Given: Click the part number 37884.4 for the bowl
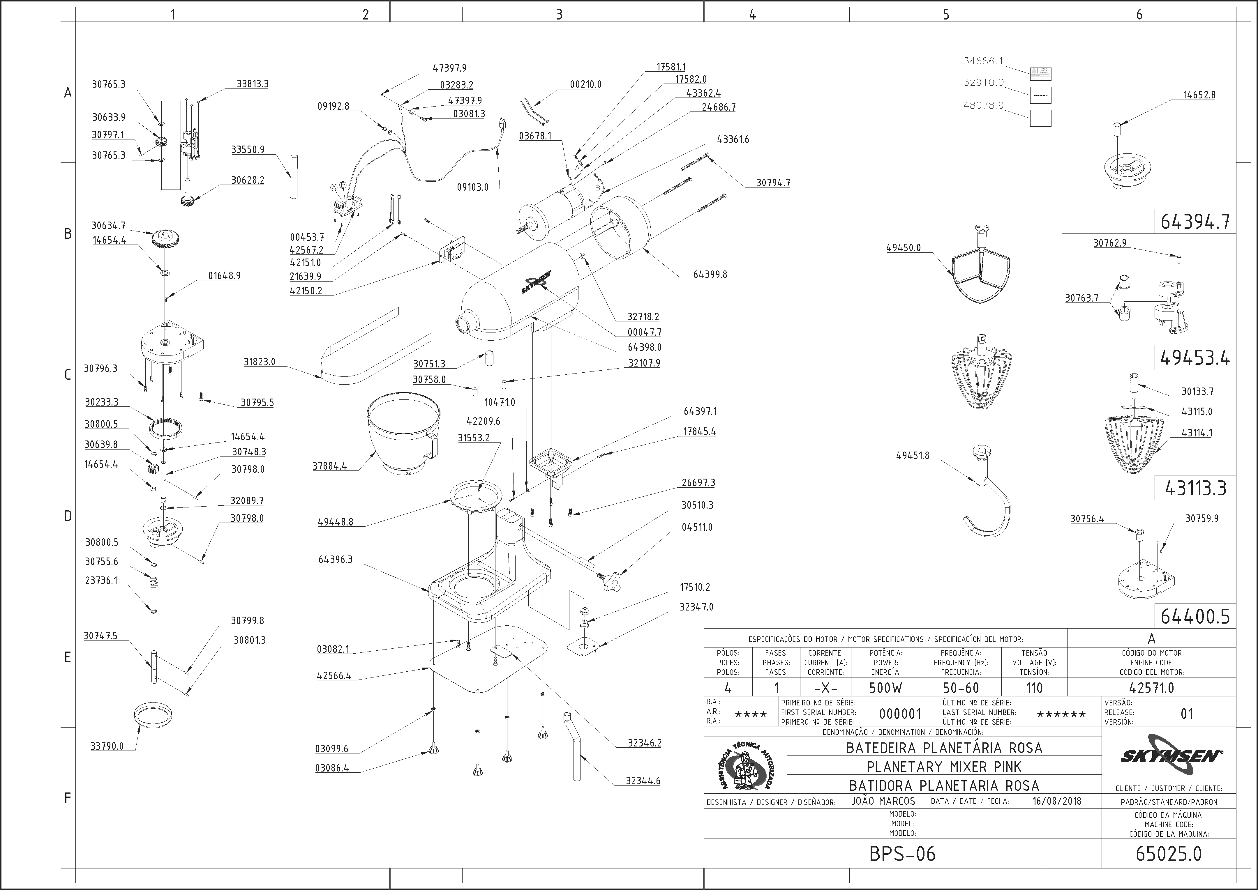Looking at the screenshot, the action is coord(329,466).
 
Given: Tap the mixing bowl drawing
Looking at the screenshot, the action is coord(403,436).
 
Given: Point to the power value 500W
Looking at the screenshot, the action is coord(885,688).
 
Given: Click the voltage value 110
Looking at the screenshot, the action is coord(1034,688).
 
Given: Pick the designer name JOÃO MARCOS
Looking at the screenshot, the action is coord(884,801).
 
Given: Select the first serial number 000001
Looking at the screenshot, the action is coord(900,714).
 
